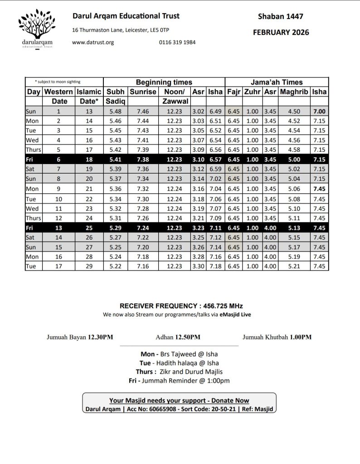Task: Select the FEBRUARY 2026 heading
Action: coord(281,32)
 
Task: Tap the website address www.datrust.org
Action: coord(93,42)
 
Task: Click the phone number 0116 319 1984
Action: coord(177,42)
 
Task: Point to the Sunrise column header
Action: coord(143,92)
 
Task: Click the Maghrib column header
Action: coord(294,92)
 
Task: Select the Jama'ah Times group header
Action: coord(277,82)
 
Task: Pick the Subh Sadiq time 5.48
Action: coord(116,111)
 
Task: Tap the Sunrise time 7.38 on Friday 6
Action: coord(143,159)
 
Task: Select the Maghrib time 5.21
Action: coord(294,266)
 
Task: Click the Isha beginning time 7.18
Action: coord(215,266)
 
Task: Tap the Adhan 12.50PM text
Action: coord(178,337)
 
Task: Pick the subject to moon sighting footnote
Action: coord(58,82)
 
